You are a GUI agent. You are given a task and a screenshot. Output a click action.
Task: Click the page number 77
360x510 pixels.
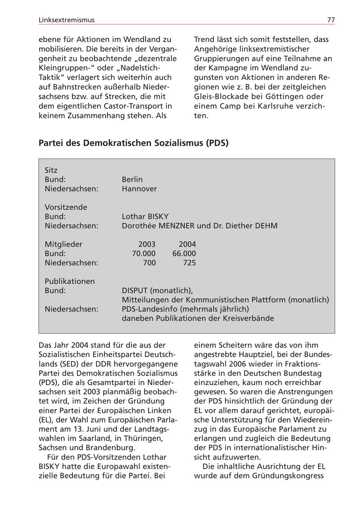(331, 20)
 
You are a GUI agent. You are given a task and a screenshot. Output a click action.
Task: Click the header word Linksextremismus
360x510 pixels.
(67, 20)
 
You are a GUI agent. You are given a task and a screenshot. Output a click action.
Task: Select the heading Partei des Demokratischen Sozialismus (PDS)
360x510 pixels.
(134, 143)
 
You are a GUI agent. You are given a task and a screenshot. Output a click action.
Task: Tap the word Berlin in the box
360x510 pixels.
(132, 179)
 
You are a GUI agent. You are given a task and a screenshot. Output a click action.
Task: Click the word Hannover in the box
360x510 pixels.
(139, 189)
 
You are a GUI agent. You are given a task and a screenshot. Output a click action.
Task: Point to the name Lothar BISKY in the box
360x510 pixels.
(145, 217)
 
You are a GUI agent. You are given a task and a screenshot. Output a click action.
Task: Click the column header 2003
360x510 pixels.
(147, 244)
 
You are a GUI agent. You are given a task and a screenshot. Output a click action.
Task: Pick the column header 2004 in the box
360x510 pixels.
(187, 244)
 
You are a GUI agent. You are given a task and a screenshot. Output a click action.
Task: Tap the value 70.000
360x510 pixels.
(144, 253)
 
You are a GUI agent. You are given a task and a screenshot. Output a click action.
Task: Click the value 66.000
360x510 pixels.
(184, 253)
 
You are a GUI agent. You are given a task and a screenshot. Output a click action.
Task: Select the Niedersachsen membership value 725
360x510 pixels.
(189, 263)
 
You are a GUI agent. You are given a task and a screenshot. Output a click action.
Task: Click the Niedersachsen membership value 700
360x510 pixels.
(149, 263)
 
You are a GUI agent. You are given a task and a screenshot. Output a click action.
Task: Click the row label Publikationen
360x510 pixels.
(70, 281)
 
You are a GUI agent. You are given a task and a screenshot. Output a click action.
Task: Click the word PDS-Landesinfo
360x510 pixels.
(147, 309)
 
